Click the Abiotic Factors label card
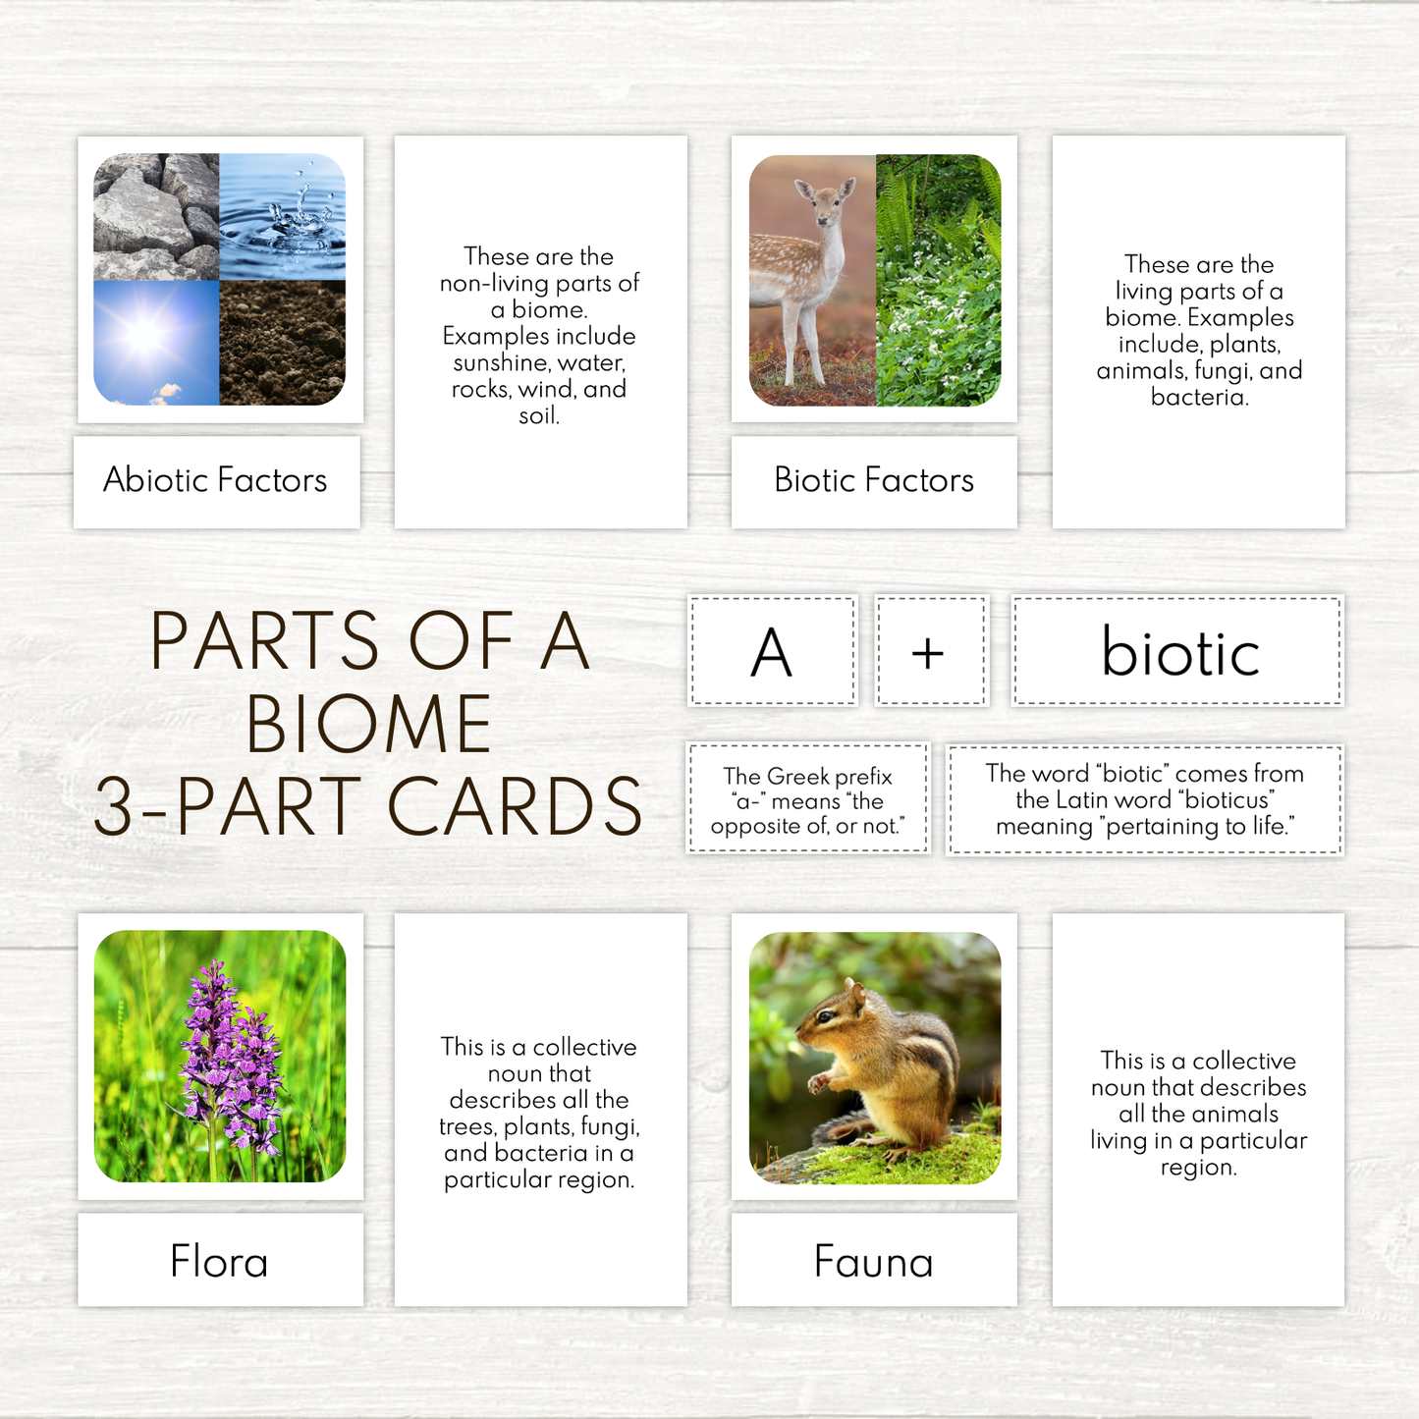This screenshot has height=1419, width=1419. click(x=216, y=481)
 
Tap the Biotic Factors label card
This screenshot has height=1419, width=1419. click(x=873, y=481)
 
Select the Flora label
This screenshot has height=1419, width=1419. click(x=219, y=1262)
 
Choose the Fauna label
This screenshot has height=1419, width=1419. click(x=873, y=1262)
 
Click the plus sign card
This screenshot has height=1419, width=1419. click(x=929, y=652)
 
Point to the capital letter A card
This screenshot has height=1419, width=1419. click(x=772, y=652)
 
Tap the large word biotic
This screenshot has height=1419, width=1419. click(x=1179, y=653)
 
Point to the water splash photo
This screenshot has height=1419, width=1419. click(x=283, y=216)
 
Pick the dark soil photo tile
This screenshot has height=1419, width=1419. click(x=283, y=344)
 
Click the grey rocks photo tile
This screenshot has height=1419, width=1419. click(x=155, y=216)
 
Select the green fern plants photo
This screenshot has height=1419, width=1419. click(x=938, y=280)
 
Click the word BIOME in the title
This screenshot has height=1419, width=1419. click(x=369, y=725)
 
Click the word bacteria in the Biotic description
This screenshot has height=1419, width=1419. click(x=1199, y=398)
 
